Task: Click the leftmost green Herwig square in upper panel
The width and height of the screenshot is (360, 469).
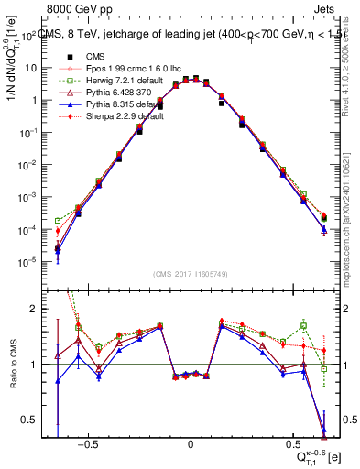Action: coord(58,221)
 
